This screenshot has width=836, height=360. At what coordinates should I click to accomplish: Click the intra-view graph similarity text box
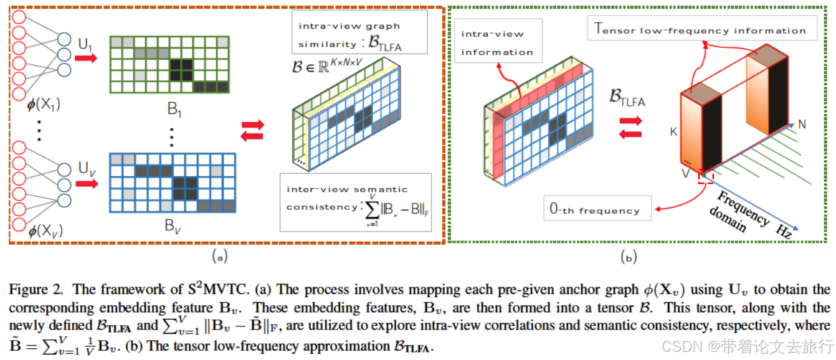pyautogui.click(x=359, y=35)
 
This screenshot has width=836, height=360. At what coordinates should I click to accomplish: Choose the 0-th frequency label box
pyautogui.click(x=597, y=210)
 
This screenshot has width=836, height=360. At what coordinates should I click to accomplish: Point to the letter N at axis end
pyautogui.click(x=802, y=125)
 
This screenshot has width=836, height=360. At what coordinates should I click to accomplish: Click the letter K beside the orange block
pyautogui.click(x=673, y=133)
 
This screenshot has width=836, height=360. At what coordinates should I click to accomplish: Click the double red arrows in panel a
pyautogui.click(x=252, y=130)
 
